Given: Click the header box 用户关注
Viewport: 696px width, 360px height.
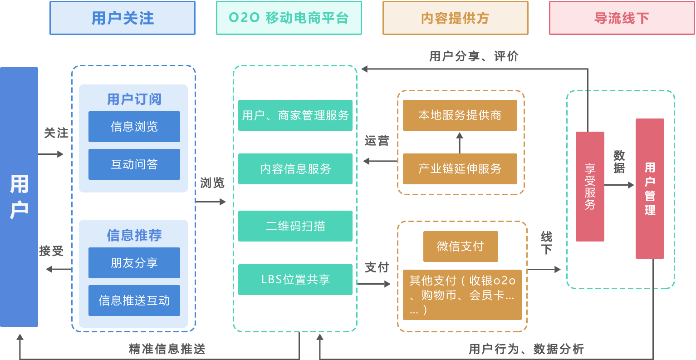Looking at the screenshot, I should coord(123,18).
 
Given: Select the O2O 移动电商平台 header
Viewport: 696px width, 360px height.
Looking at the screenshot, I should coord(289,18).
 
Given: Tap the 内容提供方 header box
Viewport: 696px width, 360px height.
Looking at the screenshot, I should coord(456,18).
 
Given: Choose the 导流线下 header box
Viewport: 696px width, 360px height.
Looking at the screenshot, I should coord(622,18).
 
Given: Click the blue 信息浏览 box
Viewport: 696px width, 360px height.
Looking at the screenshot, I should coord(134,127).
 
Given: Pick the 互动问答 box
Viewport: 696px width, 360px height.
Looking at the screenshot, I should coord(134,164).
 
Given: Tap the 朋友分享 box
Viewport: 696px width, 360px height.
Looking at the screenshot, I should coord(134,263).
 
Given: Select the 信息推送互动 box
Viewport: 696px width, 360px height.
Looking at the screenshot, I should coord(134,301).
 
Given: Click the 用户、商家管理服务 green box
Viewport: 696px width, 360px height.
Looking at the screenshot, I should coord(295,115).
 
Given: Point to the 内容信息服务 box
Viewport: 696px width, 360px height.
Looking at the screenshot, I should coord(295,169).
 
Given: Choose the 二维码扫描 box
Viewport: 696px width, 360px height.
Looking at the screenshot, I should coord(295,226).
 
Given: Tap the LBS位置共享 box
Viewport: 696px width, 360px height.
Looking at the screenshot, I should coord(295,280).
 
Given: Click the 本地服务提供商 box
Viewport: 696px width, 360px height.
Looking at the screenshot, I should coord(460,115).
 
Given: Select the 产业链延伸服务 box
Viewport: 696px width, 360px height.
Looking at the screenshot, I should coord(460,169).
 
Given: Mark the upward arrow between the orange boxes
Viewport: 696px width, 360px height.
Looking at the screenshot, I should coord(460,142).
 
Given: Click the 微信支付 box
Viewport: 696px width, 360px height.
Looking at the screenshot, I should coord(461,247).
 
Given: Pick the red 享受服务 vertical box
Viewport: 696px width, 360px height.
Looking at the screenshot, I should coord(590,187).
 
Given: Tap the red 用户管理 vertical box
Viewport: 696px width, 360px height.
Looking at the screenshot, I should coord(650,188).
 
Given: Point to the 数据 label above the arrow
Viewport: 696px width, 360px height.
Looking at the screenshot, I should coord(619,162).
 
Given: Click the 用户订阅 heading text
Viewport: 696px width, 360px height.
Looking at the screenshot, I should coord(134,99).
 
